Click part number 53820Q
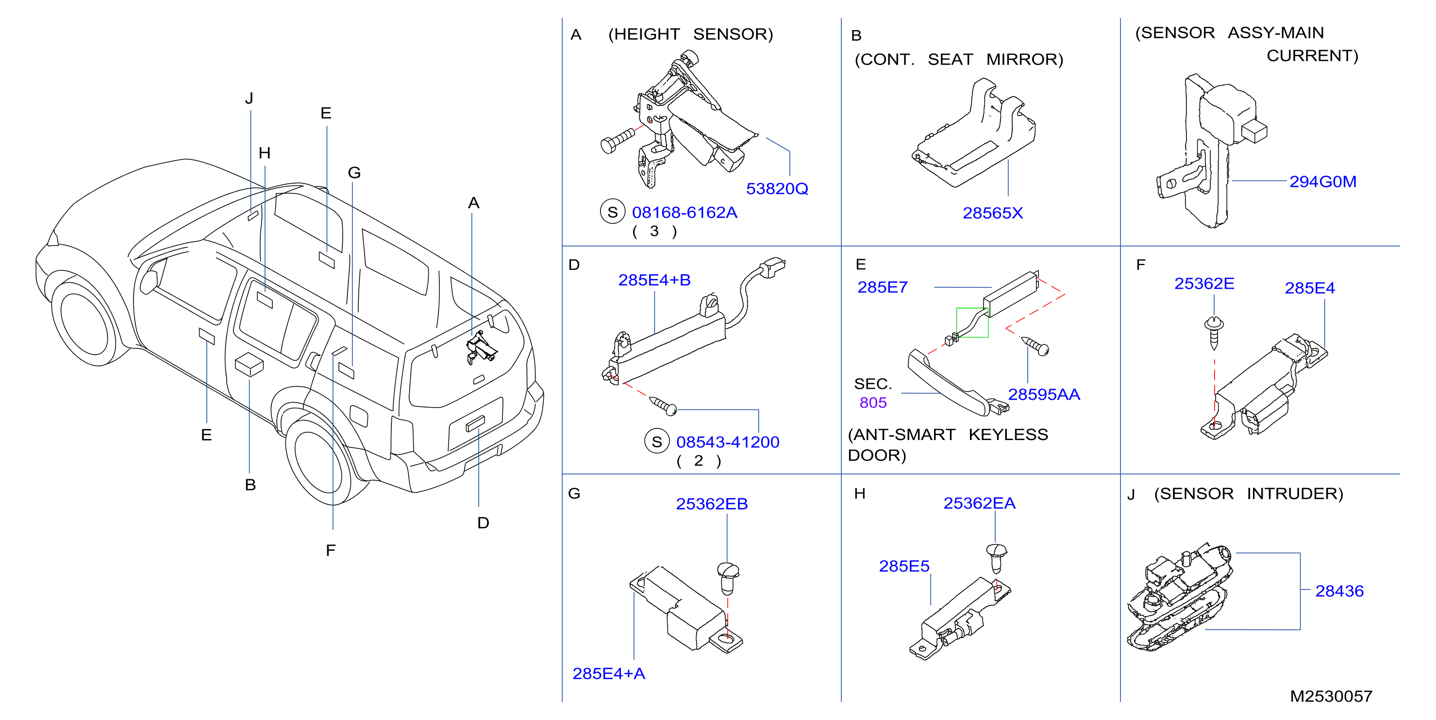click(x=777, y=189)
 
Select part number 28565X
click(x=992, y=213)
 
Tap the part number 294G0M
click(x=1322, y=181)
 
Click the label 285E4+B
click(x=654, y=280)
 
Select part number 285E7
click(x=883, y=287)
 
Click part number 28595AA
click(x=1044, y=394)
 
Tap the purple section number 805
click(x=873, y=403)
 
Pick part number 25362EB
click(x=712, y=504)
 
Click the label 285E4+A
click(x=609, y=674)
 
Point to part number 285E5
click(x=904, y=566)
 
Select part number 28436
click(x=1339, y=591)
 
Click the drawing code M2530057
click(x=1331, y=696)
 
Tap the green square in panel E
click(x=972, y=323)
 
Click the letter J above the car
click(x=249, y=98)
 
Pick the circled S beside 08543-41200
click(x=657, y=442)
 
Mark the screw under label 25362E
click(x=1214, y=333)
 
